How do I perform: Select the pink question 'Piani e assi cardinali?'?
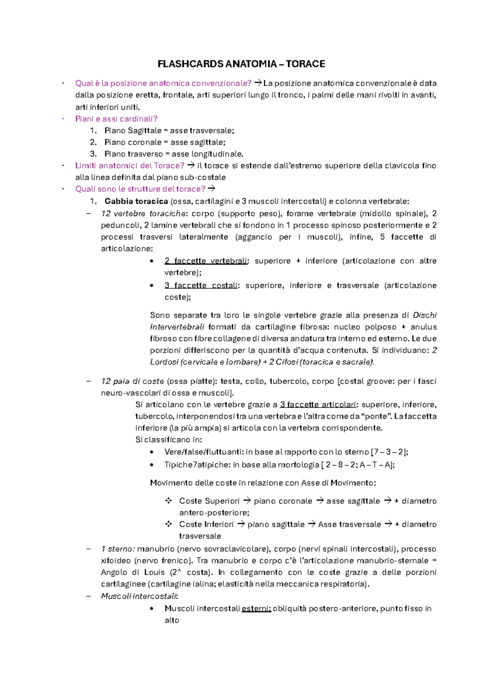point(116,119)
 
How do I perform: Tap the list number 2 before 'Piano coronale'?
point(93,142)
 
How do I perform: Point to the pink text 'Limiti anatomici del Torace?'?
point(130,166)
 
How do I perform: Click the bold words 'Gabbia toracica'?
point(136,201)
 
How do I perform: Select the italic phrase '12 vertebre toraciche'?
point(144,213)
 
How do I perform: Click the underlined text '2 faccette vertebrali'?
point(206,261)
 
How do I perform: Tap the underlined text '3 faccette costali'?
point(201,286)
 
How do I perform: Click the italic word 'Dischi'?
point(425,315)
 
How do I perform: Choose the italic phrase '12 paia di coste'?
point(132,381)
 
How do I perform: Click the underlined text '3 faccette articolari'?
point(318,404)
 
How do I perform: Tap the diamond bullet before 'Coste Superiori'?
point(168,501)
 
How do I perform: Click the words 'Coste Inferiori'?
point(206,524)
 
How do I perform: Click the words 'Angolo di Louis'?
point(133,572)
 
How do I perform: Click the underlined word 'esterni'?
point(256,608)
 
